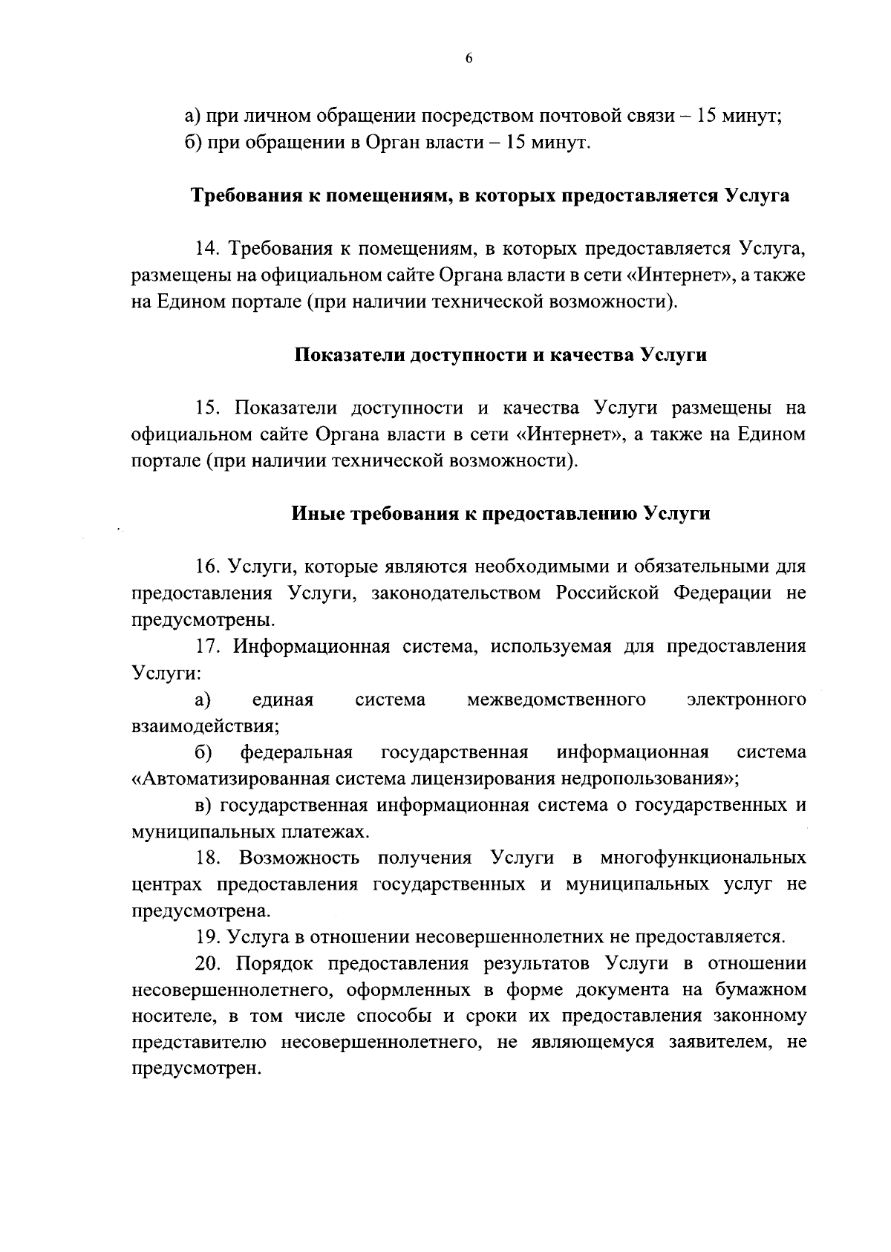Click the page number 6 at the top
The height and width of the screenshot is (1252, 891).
tap(469, 60)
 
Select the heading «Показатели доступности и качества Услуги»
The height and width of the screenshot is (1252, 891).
tap(500, 355)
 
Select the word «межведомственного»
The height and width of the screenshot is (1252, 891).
tap(556, 700)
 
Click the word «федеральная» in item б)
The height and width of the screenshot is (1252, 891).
tap(296, 753)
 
